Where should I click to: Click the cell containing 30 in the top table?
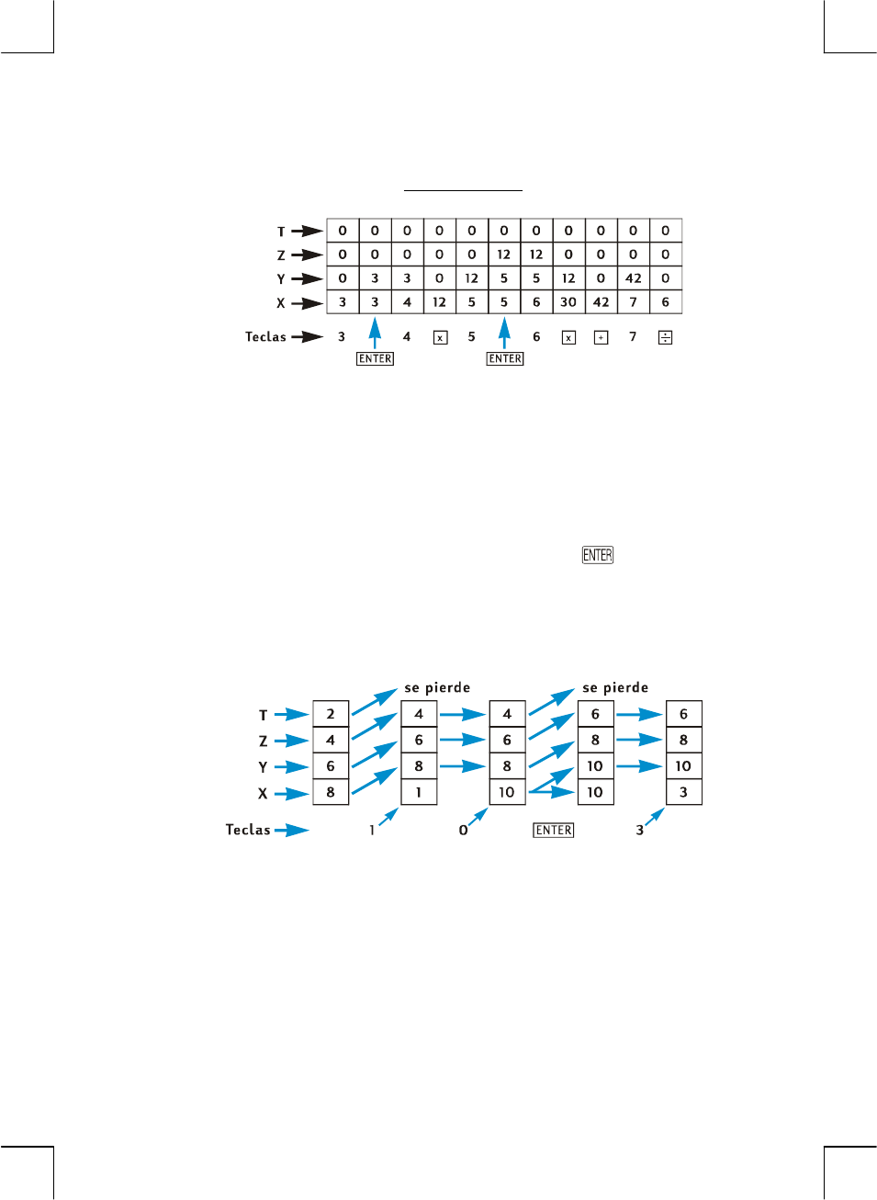tap(568, 301)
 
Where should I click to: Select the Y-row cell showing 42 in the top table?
tap(633, 277)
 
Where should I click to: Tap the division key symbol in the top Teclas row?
tap(665, 337)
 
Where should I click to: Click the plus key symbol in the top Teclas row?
tap(601, 337)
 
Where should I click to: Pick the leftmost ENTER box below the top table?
tap(375, 358)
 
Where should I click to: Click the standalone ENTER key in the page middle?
tap(597, 555)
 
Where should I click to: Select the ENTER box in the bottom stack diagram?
tap(554, 830)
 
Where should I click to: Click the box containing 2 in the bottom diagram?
tap(331, 714)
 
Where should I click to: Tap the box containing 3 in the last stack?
tap(683, 792)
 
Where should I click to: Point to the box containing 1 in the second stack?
tap(419, 792)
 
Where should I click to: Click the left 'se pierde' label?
tap(437, 687)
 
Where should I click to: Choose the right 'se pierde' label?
tap(615, 687)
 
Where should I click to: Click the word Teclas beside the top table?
tap(265, 337)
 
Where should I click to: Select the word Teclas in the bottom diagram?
tap(248, 830)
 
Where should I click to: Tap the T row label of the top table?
tap(281, 232)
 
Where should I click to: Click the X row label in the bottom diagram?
tap(263, 793)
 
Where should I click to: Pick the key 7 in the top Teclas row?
tap(633, 337)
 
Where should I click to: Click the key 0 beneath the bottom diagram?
tap(463, 830)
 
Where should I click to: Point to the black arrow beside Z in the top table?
tap(307, 255)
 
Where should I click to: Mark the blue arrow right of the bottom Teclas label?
tap(292, 831)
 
